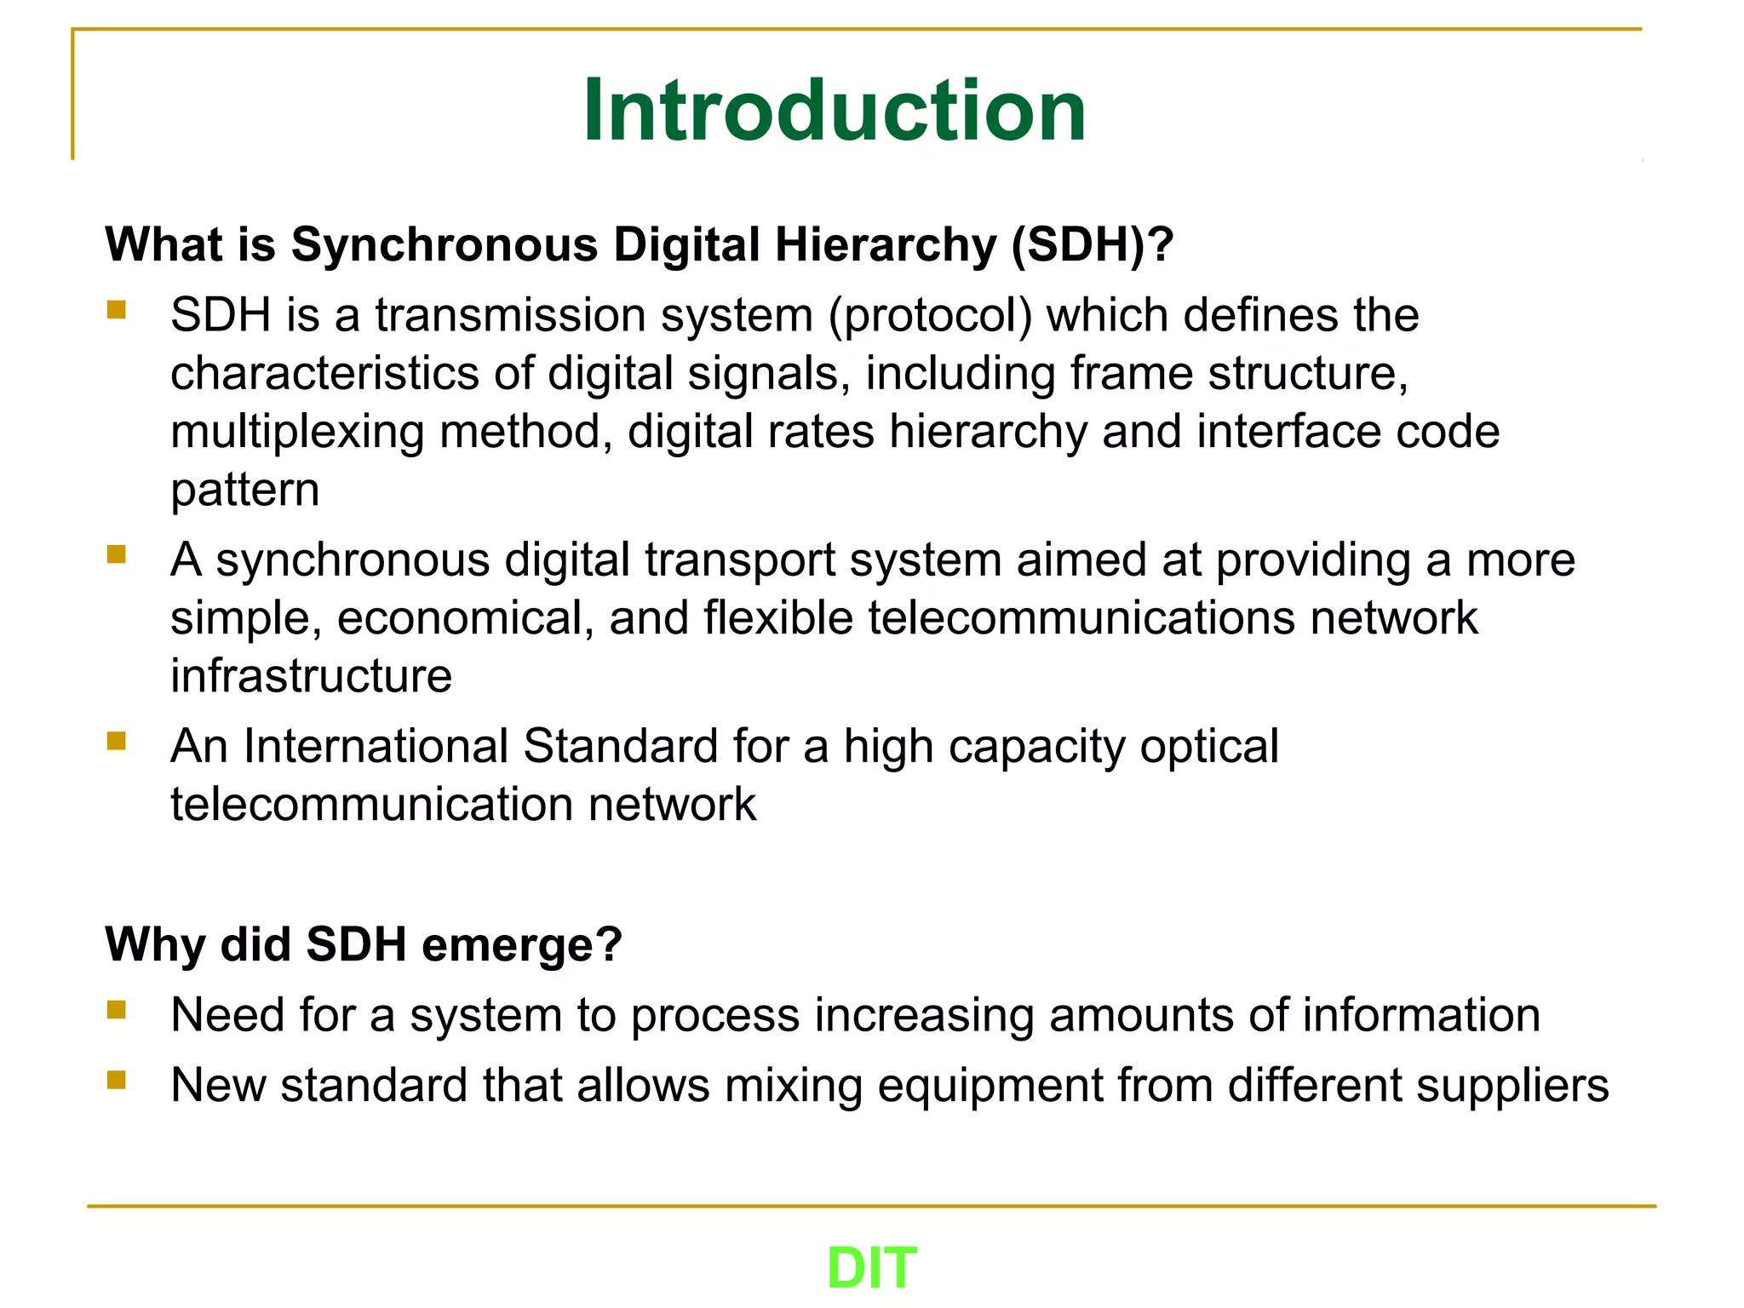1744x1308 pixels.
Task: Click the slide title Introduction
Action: pos(834,111)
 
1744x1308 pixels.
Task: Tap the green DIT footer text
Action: pos(871,1268)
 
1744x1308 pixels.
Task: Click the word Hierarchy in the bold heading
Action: pos(885,245)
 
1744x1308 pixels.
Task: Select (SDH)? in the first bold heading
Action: pos(1093,245)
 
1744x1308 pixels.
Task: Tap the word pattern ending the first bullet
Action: pos(244,491)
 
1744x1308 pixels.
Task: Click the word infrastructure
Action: pos(311,676)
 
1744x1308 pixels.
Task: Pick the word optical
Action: pos(1209,747)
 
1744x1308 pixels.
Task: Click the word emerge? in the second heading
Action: pos(522,945)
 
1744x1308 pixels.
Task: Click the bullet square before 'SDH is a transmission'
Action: pos(117,309)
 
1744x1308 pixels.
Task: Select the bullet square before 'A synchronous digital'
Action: pos(117,554)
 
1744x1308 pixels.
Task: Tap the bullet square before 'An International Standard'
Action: pos(117,741)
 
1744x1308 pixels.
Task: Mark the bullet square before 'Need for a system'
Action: pos(117,1010)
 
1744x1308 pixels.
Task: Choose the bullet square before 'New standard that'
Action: pos(117,1081)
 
